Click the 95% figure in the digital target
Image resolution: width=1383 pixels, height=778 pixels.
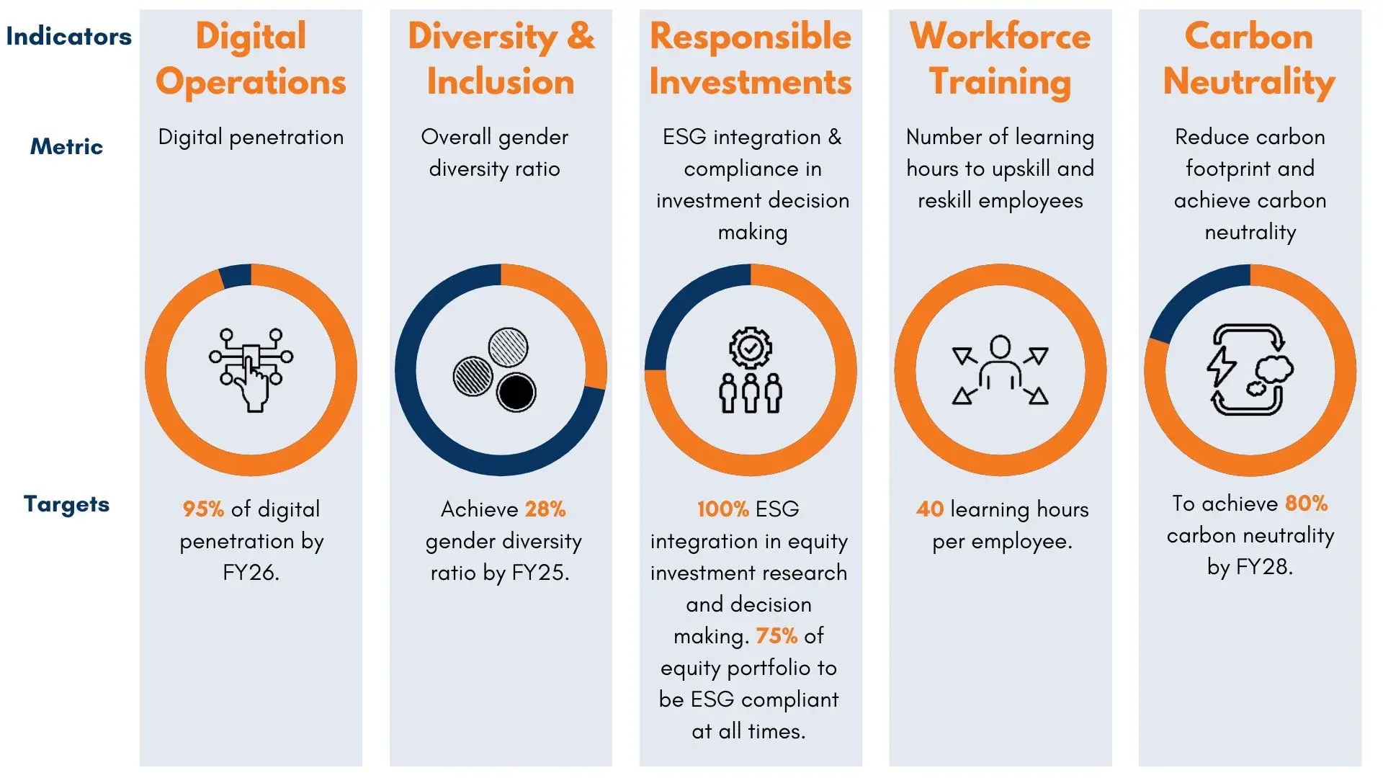203,509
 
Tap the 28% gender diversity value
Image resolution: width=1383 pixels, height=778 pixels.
545,509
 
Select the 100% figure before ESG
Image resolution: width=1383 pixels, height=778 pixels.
723,509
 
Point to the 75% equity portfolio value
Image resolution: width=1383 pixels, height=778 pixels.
776,636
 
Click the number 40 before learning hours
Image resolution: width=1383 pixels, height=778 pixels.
930,509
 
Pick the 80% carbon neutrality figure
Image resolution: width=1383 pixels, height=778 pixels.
1306,504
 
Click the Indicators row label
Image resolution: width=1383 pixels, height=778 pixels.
69,37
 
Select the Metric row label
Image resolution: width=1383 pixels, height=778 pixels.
66,147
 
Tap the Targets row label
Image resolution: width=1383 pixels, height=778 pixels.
66,504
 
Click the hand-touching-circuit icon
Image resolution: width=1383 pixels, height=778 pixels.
251,370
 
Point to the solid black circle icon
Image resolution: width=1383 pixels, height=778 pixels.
516,393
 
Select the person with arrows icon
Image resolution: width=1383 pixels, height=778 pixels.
1000,370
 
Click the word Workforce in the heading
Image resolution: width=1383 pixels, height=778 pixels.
1000,37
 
